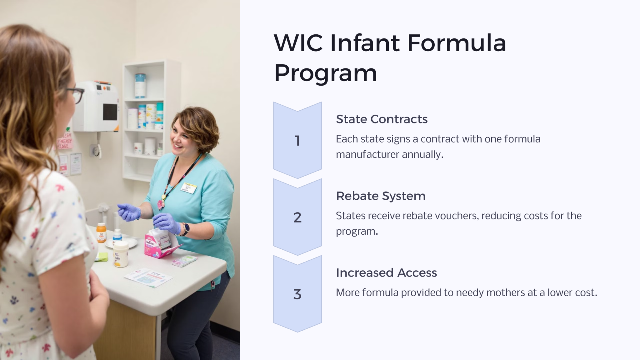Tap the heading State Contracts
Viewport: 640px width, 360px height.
click(382, 119)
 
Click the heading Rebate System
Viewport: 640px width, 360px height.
click(381, 196)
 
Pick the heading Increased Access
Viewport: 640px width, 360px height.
click(386, 273)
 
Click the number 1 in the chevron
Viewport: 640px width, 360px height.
click(297, 141)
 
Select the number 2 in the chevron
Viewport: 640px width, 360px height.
click(297, 217)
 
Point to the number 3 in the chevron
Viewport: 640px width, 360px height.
click(297, 294)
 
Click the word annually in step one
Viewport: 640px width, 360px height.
click(422, 154)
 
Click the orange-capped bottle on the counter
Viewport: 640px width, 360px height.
click(101, 233)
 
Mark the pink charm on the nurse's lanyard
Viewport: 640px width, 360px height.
click(161, 204)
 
